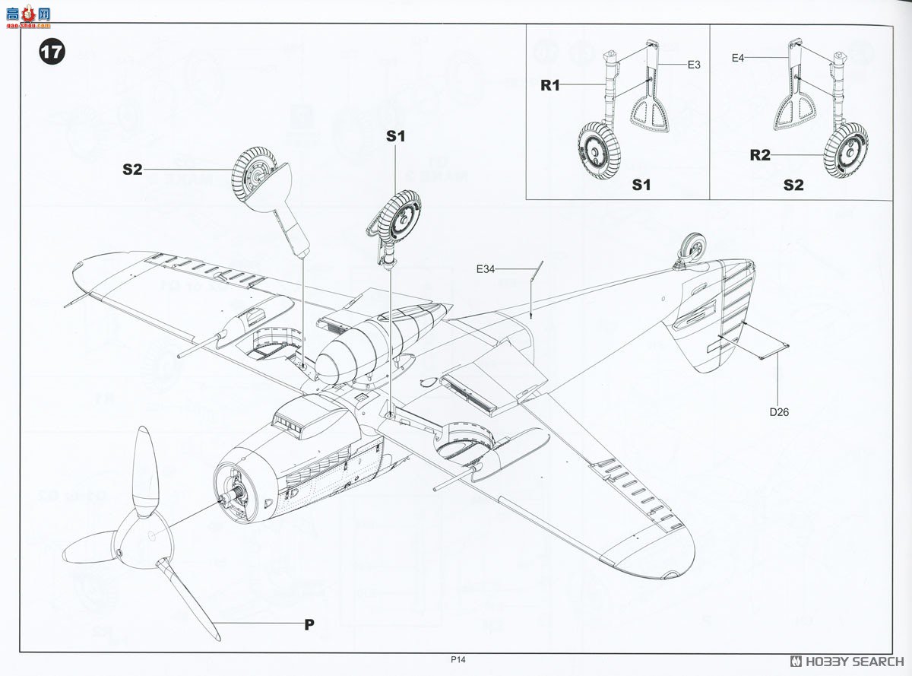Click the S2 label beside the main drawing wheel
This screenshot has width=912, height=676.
pos(132,170)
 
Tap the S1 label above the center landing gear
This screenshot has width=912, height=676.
pos(396,136)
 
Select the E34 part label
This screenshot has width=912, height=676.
pos(486,269)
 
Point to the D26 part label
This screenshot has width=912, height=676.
pos(780,412)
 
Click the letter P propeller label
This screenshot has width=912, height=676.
pos(309,625)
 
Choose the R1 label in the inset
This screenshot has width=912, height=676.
pos(550,85)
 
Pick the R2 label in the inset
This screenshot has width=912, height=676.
pos(760,156)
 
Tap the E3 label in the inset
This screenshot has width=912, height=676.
pos(693,65)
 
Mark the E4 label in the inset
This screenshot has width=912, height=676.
pos(739,57)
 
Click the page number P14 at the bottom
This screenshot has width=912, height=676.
pos(457,660)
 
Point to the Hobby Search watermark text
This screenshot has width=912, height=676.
pos(847,661)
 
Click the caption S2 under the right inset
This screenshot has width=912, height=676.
pos(793,185)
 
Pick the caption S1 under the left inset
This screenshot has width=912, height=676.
pos(641,185)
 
